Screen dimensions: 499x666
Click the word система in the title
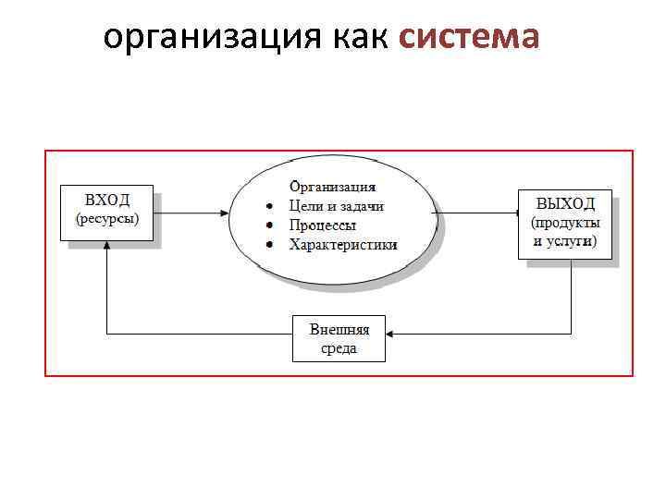469,38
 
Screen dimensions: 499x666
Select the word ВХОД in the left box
107,200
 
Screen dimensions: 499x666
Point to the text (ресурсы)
107,219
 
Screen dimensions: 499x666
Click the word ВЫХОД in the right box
564,203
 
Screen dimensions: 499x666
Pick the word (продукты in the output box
565,223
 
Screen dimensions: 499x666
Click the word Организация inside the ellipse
333,187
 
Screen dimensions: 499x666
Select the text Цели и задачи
336,206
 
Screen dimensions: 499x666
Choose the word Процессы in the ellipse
323,225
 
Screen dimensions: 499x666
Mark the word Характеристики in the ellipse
343,245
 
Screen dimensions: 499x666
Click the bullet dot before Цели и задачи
269,207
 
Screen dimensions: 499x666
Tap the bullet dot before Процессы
269,226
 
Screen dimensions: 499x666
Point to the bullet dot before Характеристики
269,246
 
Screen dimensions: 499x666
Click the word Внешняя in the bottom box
339,329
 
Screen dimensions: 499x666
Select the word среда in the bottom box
339,348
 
